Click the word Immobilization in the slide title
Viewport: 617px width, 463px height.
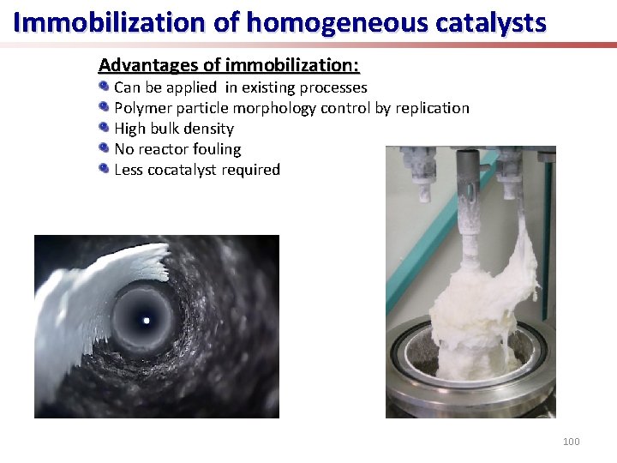(109, 22)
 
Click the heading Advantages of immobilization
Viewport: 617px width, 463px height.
(229, 65)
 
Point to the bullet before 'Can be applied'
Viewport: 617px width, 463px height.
(104, 87)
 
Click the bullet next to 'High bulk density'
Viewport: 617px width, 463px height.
(104, 128)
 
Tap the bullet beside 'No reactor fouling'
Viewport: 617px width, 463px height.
(104, 148)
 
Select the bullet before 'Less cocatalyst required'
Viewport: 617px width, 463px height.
(104, 169)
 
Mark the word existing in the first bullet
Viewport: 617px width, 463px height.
(268, 87)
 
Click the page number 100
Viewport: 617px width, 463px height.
(571, 442)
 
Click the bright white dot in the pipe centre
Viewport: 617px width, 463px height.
(146, 321)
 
